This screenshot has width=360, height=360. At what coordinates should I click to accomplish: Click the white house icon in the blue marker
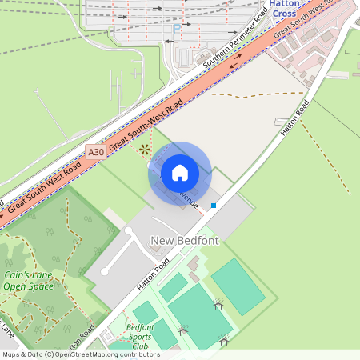[x=180, y=173]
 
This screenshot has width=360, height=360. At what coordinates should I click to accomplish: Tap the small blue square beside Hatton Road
[x=214, y=206]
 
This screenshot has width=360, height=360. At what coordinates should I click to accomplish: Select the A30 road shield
[x=96, y=151]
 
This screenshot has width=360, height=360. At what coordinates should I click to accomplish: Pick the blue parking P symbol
[x=176, y=30]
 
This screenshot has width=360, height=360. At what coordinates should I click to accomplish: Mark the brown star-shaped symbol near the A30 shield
[x=144, y=148]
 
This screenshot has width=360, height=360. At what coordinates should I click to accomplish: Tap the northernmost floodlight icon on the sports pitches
[x=218, y=304]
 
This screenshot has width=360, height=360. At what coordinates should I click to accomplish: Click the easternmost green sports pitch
[x=238, y=286]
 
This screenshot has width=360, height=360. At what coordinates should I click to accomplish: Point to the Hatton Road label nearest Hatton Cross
[x=297, y=118]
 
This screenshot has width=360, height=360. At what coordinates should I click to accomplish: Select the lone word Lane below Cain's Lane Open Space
[x=7, y=328]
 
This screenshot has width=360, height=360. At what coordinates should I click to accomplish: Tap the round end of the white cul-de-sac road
[x=127, y=231]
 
